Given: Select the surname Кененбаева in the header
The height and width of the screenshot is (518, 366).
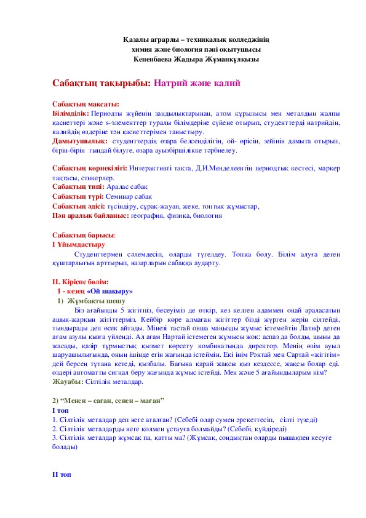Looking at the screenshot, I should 158,60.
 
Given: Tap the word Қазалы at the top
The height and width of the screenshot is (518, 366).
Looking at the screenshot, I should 136,40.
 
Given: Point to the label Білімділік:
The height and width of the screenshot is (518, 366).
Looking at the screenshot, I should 71,113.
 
